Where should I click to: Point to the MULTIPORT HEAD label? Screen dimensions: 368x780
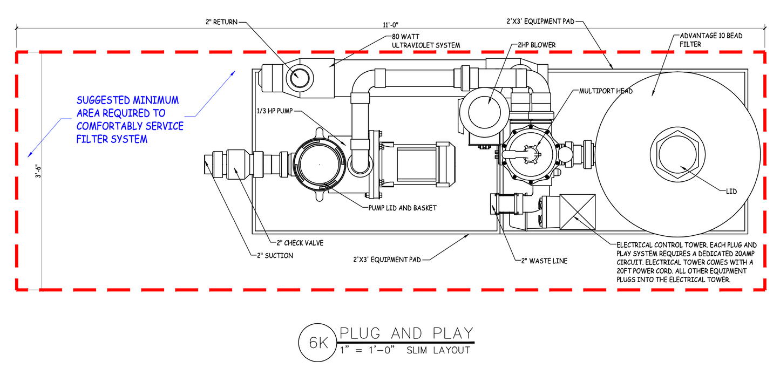pyautogui.click(x=606, y=91)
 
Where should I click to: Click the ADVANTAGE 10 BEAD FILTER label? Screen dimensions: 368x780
pyautogui.click(x=707, y=40)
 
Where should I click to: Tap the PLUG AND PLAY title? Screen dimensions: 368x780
pyautogui.click(x=405, y=333)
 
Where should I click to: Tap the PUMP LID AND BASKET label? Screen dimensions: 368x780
pyautogui.click(x=402, y=208)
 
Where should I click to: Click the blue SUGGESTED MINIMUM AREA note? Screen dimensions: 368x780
pyautogui.click(x=130, y=120)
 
